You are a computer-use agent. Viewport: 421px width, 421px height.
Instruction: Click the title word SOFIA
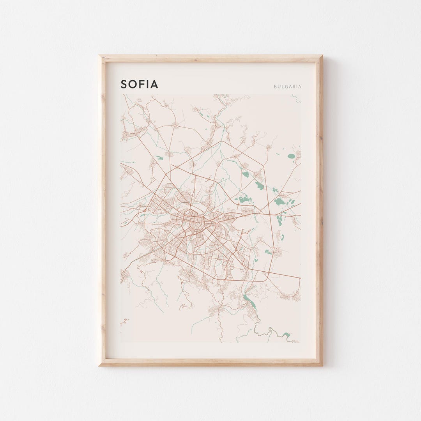click(139, 84)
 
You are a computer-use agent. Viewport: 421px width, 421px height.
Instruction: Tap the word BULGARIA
click(287, 87)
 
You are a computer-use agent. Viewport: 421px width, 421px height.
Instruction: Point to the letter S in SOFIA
click(124, 84)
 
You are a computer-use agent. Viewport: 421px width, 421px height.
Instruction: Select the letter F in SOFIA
click(143, 84)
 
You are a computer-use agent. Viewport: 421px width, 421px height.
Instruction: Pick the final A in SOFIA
click(154, 84)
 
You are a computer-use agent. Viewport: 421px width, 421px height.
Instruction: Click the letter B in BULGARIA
click(275, 87)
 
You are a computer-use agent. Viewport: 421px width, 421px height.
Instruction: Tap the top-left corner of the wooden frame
click(100, 56)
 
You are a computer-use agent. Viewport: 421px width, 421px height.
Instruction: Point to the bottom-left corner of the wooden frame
click(100, 365)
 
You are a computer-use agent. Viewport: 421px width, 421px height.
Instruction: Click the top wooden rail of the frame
click(210, 58)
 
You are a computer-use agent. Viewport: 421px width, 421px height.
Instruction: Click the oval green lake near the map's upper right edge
click(291, 156)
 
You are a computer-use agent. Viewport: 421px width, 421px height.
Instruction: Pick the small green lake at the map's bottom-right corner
click(287, 334)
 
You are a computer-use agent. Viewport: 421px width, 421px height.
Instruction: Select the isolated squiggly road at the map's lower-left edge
click(124, 322)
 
